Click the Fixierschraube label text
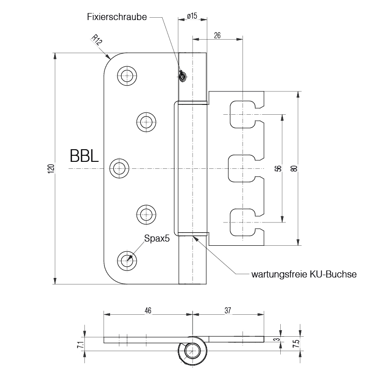point(117,17)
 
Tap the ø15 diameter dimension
point(192,16)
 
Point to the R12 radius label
point(97,41)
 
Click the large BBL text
point(84,156)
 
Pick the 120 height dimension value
point(51,168)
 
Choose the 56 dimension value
point(278,168)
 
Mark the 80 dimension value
point(294,168)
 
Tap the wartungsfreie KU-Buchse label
point(304,274)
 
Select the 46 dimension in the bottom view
point(148,310)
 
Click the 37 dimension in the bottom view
point(229,310)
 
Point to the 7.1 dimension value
point(80,345)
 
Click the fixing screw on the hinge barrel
point(183,76)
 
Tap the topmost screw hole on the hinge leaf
point(127,76)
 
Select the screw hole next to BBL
point(120,168)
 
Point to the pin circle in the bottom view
point(192,351)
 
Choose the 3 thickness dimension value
point(278,339)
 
